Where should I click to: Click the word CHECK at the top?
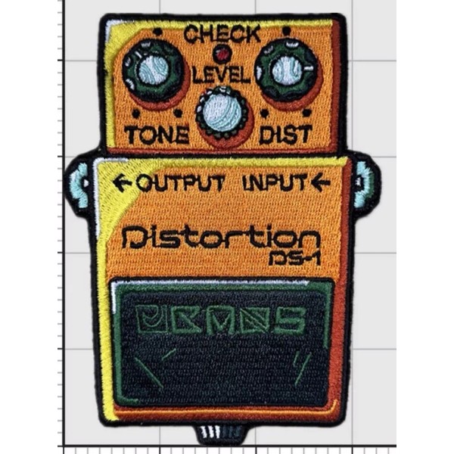[x=222, y=34]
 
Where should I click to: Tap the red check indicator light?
[x=222, y=54]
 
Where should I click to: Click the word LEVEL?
[x=221, y=75]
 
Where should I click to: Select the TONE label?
[x=157, y=135]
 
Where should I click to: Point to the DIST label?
[x=285, y=135]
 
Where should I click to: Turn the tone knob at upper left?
[x=154, y=72]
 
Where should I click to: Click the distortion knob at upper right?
[x=287, y=71]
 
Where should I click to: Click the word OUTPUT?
[x=180, y=183]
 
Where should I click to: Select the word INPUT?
[x=275, y=183]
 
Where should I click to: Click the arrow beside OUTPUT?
[x=121, y=183]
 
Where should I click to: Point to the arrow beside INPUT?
[x=319, y=182]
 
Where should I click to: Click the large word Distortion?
[x=220, y=238]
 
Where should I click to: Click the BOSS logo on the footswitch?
[x=221, y=323]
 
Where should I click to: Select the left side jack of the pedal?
[x=79, y=184]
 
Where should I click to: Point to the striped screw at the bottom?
[x=219, y=434]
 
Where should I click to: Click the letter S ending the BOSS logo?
[x=290, y=323]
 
